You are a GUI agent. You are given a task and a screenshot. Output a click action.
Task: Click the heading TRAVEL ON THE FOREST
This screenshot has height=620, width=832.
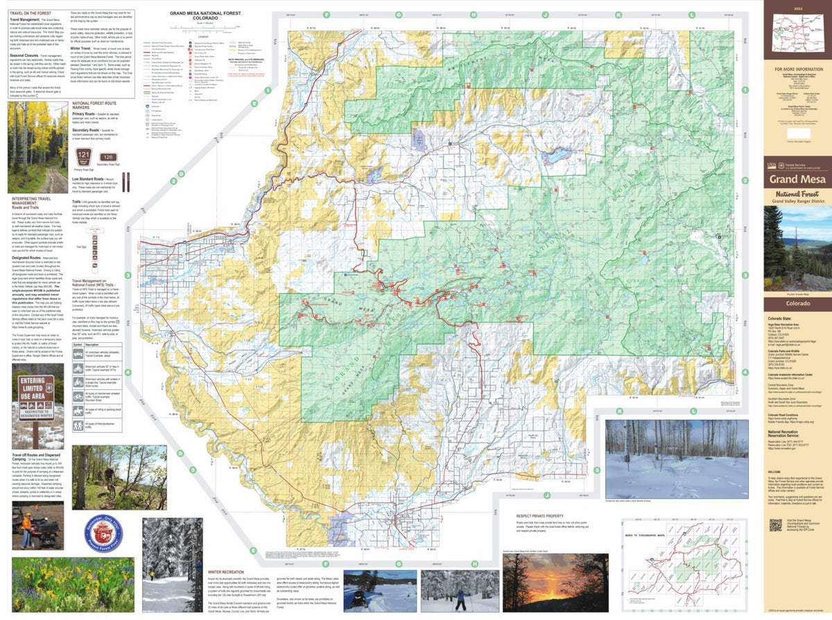point(31,14)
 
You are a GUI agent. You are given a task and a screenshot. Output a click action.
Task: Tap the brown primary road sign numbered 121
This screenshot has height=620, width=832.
point(84,158)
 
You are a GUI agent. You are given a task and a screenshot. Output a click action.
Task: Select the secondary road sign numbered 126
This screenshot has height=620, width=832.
point(109,157)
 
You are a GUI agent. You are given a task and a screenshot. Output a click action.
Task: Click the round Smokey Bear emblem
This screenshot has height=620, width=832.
point(103,535)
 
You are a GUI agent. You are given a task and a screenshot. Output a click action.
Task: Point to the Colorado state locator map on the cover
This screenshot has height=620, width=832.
point(797,35)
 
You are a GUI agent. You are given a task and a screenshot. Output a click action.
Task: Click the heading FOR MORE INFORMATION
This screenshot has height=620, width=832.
point(797,69)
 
